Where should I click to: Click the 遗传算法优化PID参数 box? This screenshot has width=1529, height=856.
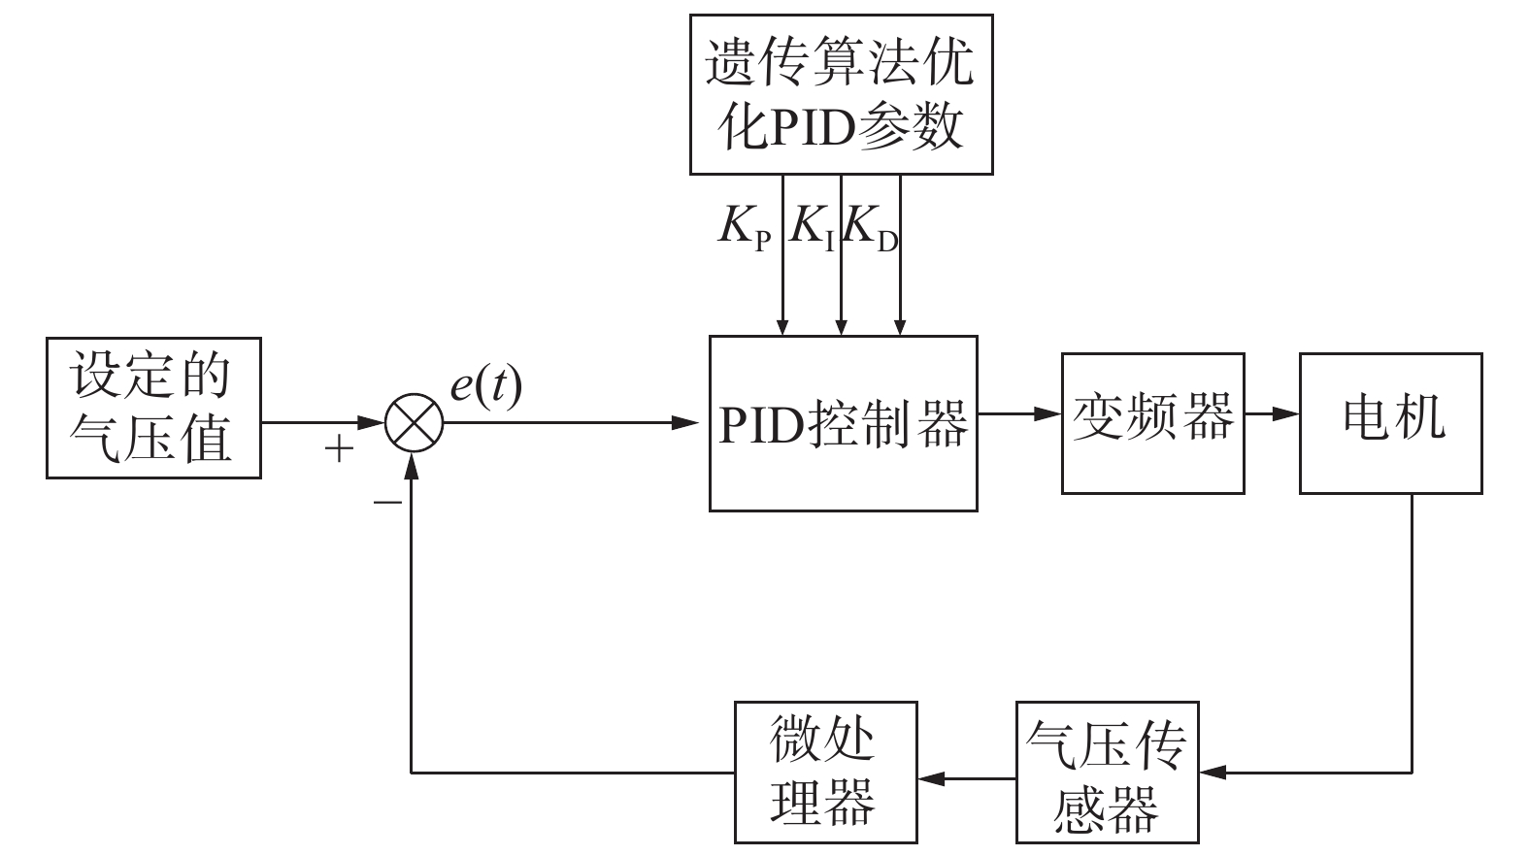(x=841, y=94)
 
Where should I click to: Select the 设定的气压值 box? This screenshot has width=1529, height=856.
(x=153, y=408)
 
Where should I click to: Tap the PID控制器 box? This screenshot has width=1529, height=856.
(x=843, y=423)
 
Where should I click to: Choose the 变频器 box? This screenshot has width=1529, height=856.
(x=1152, y=423)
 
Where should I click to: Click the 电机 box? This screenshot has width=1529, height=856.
(x=1390, y=423)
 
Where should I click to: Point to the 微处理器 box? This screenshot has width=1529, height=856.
(x=825, y=772)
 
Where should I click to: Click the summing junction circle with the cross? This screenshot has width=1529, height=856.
(x=414, y=423)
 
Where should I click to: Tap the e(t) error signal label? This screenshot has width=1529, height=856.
(x=485, y=386)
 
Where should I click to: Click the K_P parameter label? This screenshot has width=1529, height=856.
(x=746, y=228)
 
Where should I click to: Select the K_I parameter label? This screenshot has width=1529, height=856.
(x=813, y=228)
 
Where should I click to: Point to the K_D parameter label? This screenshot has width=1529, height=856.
(x=871, y=228)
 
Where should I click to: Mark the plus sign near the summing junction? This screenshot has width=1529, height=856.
(x=338, y=448)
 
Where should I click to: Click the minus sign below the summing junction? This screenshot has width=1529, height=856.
(x=387, y=502)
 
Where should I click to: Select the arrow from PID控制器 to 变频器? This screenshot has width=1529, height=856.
(x=1019, y=414)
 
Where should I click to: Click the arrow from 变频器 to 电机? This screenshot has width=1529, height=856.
(x=1273, y=414)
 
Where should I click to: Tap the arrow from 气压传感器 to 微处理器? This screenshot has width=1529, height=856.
(x=967, y=776)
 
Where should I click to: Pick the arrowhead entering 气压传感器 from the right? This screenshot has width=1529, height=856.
(x=1213, y=773)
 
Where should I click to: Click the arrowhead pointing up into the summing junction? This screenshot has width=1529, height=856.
(x=413, y=466)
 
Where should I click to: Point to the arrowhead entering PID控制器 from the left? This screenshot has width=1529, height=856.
(x=685, y=423)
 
